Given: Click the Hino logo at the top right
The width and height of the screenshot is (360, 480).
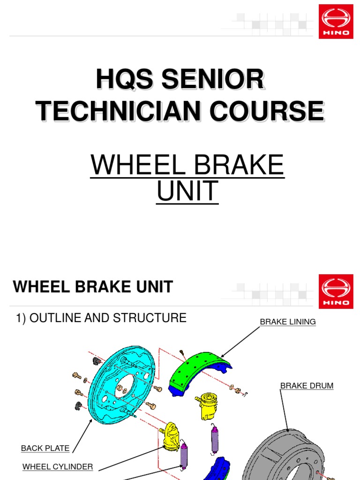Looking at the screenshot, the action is (336, 22).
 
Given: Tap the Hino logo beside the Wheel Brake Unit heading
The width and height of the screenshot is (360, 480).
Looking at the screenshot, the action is (336, 292).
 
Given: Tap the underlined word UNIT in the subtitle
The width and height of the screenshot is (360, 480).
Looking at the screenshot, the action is (187, 191).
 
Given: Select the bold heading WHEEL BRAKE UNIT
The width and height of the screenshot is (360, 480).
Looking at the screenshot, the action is (93, 287).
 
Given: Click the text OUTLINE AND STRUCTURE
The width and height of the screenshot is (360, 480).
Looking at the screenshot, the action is (108, 318).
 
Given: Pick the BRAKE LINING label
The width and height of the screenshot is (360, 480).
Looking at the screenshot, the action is (288, 322).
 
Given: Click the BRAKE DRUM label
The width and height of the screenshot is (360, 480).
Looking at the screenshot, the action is (307, 386).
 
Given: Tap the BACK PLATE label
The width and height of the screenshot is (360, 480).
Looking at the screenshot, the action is (45, 449).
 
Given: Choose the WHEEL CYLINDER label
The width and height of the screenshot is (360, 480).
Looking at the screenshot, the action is (58, 466).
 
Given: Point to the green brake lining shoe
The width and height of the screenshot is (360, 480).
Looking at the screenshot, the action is (197, 370).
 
